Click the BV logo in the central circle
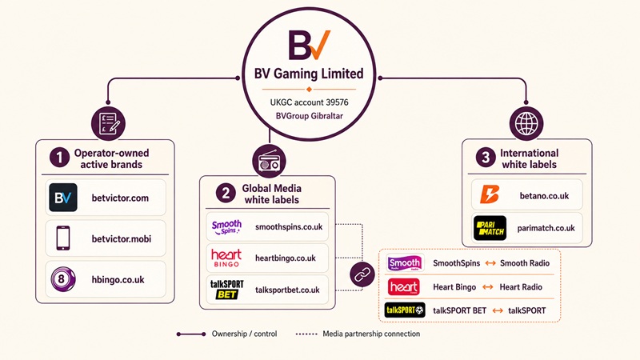pyautogui.click(x=309, y=45)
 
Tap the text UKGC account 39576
pyautogui.click(x=309, y=102)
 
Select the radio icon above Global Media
pyautogui.click(x=269, y=161)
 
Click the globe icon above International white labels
pyautogui.click(x=526, y=123)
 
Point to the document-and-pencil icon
pyautogui.click(x=108, y=123)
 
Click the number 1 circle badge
pyautogui.click(x=59, y=158)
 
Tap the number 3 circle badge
pyautogui.click(x=486, y=158)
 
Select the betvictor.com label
pyautogui.click(x=120, y=198)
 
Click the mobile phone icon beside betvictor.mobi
pyautogui.click(x=63, y=238)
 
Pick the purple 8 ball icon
pyautogui.click(x=63, y=279)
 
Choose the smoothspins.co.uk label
pyautogui.click(x=289, y=226)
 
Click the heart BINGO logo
pyautogui.click(x=226, y=258)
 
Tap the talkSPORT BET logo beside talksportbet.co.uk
pyautogui.click(x=226, y=290)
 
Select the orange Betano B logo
pyautogui.click(x=490, y=194)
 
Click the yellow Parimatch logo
pyautogui.click(x=490, y=228)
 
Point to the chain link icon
pyautogui.click(x=362, y=274)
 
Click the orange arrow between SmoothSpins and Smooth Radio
pyautogui.click(x=490, y=263)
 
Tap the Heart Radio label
pyautogui.click(x=521, y=287)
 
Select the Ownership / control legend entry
pyautogui.click(x=227, y=334)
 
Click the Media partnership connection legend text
pyautogui.click(x=371, y=334)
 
